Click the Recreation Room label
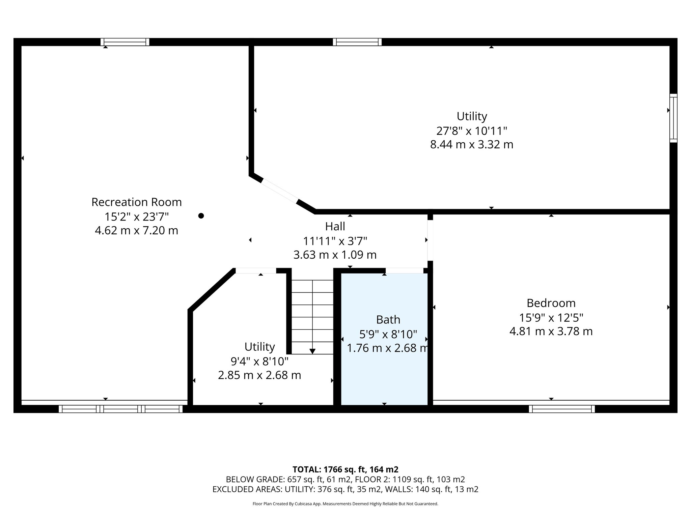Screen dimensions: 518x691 pyautogui.click(x=136, y=202)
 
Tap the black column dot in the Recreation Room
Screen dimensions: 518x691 pyautogui.click(x=201, y=216)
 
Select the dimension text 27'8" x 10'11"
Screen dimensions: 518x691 pyautogui.click(x=472, y=131)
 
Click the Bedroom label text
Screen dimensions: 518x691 pyautogui.click(x=551, y=303)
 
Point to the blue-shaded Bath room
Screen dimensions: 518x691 pyautogui.click(x=385, y=371)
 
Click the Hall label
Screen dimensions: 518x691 pyautogui.click(x=335, y=226)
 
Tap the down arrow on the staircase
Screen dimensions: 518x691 pyautogui.click(x=312, y=351)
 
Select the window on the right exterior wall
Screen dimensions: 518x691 pyautogui.click(x=673, y=118)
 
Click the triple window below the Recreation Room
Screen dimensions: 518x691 pyautogui.click(x=121, y=409)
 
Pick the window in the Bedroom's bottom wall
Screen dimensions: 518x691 pyautogui.click(x=562, y=409)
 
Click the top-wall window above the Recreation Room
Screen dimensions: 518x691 pyautogui.click(x=125, y=42)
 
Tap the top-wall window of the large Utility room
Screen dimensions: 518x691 pyautogui.click(x=357, y=42)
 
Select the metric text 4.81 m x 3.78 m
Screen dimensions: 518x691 pyautogui.click(x=551, y=332)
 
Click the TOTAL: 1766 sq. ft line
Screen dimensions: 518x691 pyautogui.click(x=345, y=469)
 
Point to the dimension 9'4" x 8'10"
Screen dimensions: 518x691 pyautogui.click(x=259, y=361)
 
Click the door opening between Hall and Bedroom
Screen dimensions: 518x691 pyautogui.click(x=430, y=240)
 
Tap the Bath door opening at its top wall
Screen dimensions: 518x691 pyautogui.click(x=404, y=270)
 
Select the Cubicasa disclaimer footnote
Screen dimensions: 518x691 pyautogui.click(x=345, y=504)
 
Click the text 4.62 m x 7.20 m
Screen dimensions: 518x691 pyautogui.click(x=136, y=231)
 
